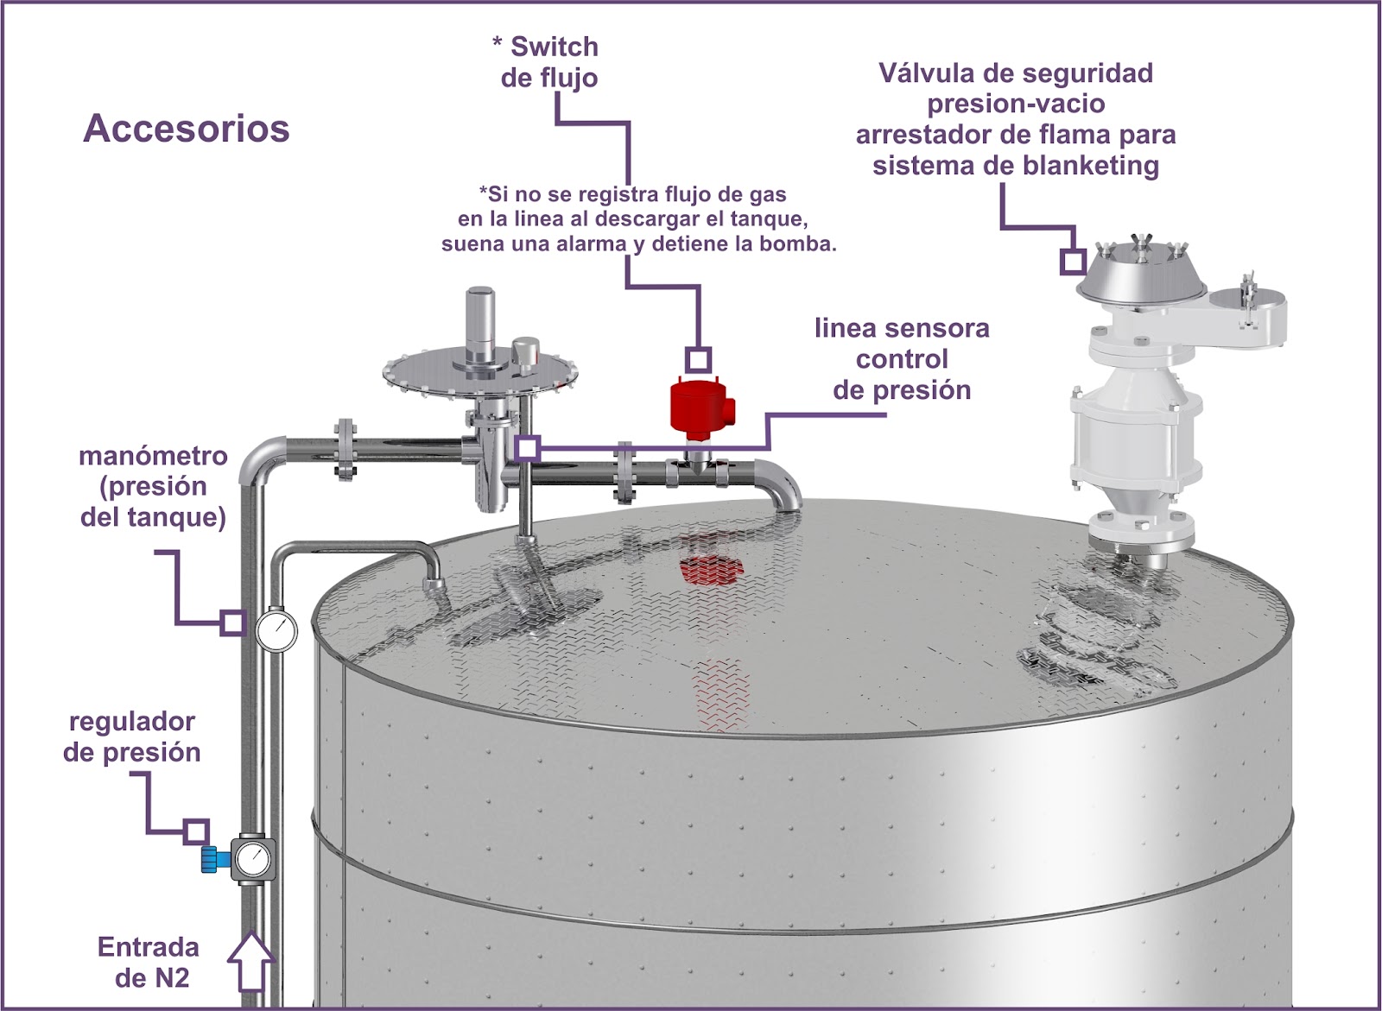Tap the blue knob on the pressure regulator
tap(209, 859)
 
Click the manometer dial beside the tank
tap(276, 630)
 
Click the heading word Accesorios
tap(186, 129)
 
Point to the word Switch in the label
tap(554, 47)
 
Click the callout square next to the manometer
tap(231, 622)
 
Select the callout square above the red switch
tap(698, 359)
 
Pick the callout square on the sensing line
tap(528, 448)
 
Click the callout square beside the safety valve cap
tap(1073, 262)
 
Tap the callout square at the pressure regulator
tap(197, 831)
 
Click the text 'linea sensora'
tap(902, 328)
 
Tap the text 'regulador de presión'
tap(132, 736)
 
